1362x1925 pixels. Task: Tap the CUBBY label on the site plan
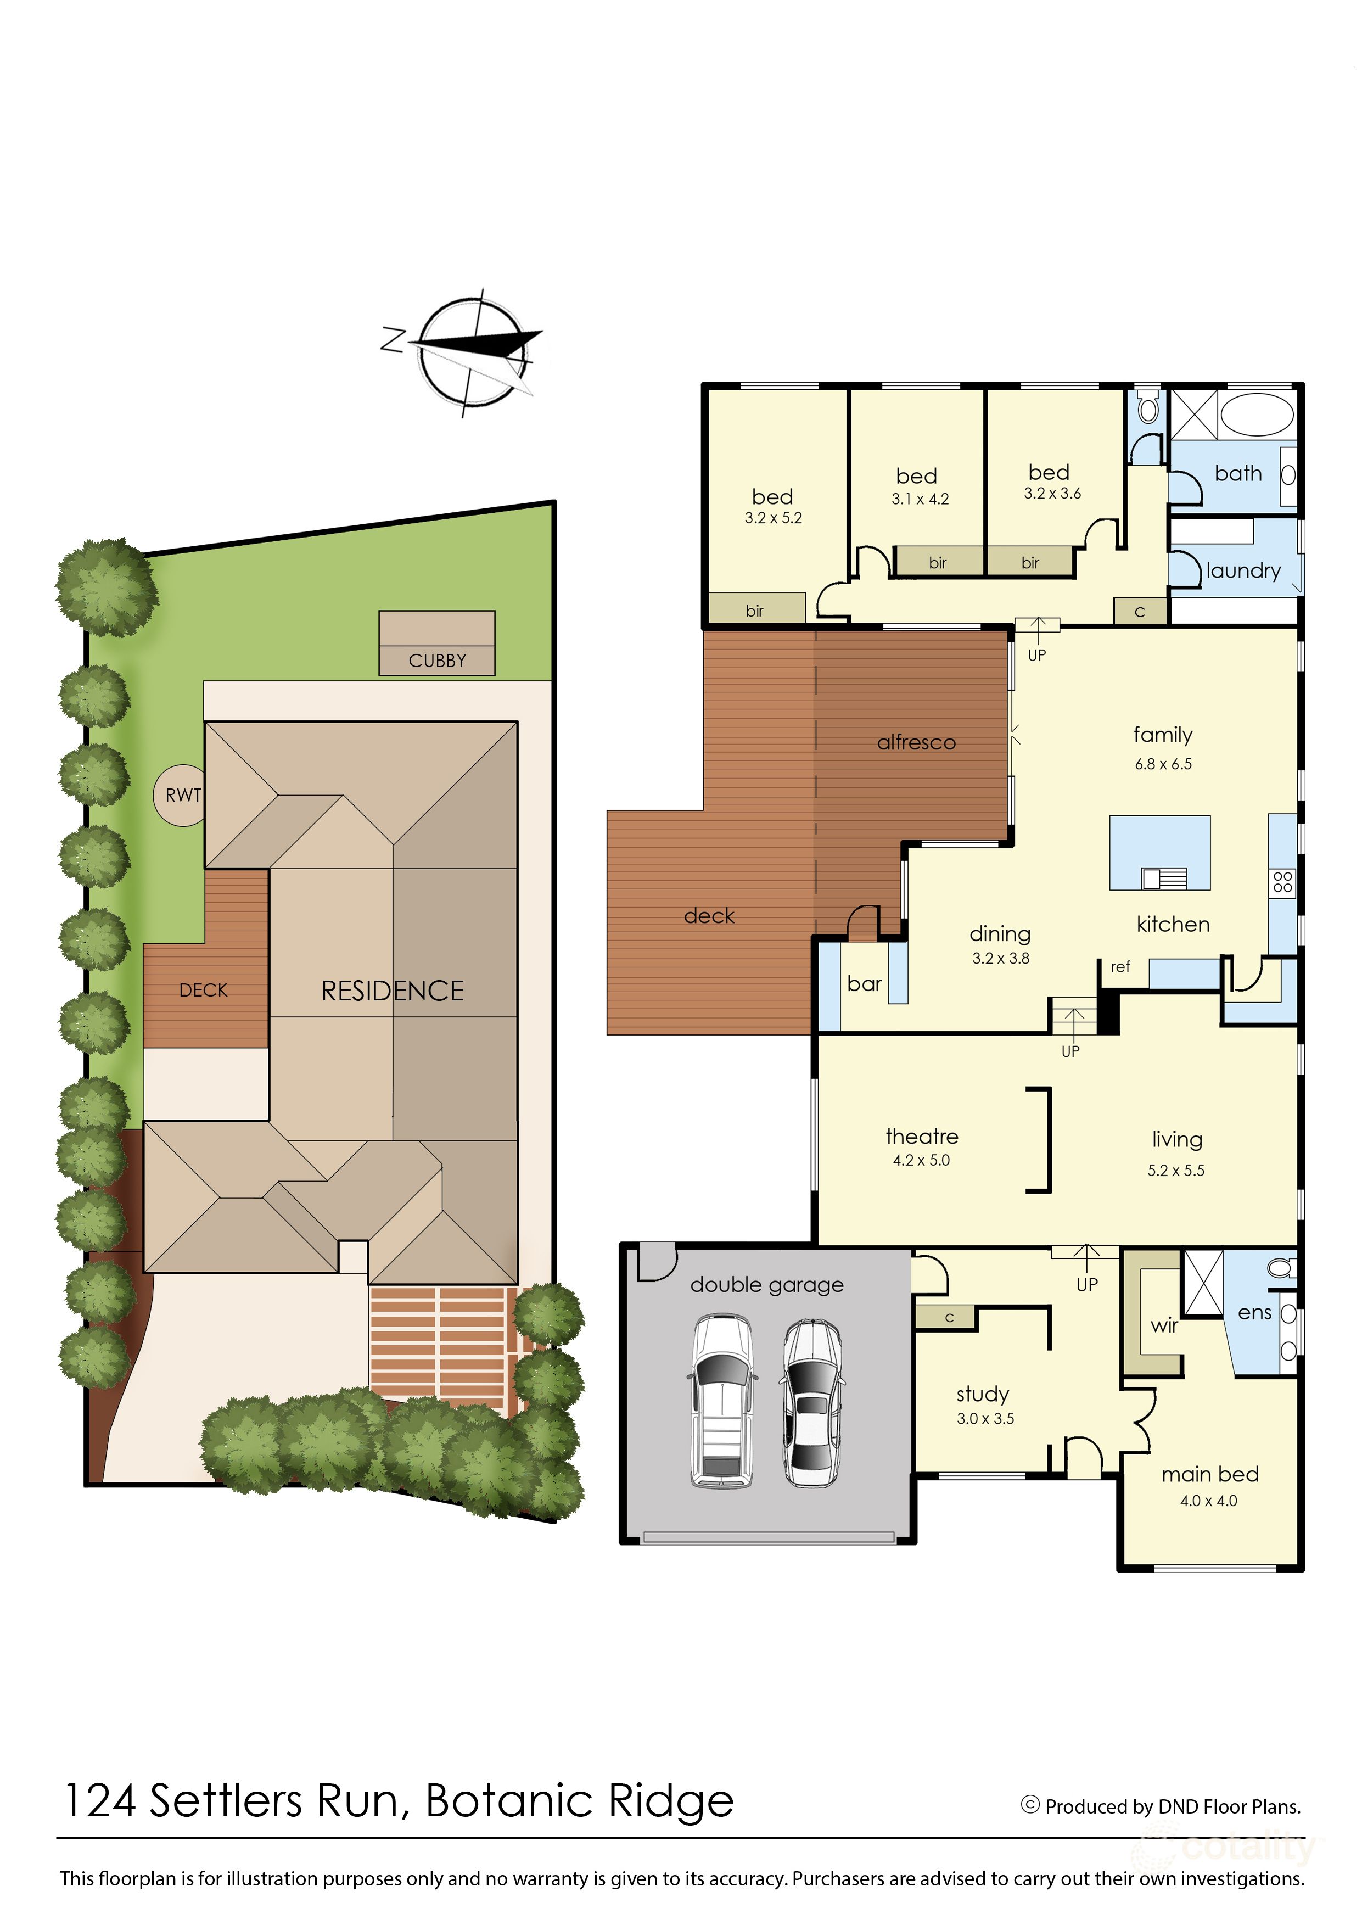pyautogui.click(x=437, y=661)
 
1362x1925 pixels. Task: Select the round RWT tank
pyautogui.click(x=180, y=795)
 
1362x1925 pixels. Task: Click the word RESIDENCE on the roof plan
pyautogui.click(x=393, y=992)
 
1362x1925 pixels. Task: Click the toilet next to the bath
pyautogui.click(x=1148, y=410)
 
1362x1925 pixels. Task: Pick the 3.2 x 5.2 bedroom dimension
pyautogui.click(x=774, y=518)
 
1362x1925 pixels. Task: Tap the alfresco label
pyautogui.click(x=916, y=742)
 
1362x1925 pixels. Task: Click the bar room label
pyautogui.click(x=864, y=984)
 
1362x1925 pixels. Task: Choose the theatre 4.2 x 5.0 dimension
pyautogui.click(x=921, y=1161)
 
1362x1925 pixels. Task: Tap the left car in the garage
pyautogui.click(x=722, y=1401)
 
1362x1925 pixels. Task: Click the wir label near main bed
pyautogui.click(x=1164, y=1326)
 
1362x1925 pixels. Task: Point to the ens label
pyautogui.click(x=1254, y=1313)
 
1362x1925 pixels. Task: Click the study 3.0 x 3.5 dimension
pyautogui.click(x=985, y=1418)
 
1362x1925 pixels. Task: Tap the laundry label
pyautogui.click(x=1243, y=571)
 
